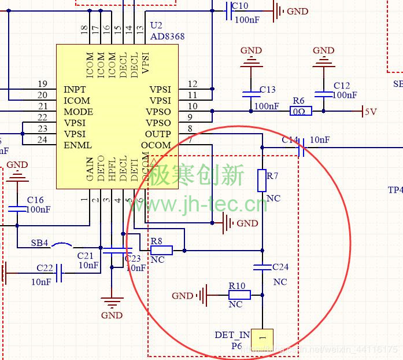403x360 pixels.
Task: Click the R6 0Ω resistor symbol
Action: point(302,111)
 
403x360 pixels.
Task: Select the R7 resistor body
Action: point(262,180)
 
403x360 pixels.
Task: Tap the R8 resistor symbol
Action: point(161,251)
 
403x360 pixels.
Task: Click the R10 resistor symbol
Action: point(239,295)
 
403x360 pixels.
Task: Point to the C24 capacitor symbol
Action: point(262,267)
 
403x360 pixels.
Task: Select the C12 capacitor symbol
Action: point(323,93)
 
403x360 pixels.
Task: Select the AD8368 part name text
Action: point(168,36)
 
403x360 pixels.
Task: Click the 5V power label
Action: point(370,112)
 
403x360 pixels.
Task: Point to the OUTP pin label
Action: point(158,134)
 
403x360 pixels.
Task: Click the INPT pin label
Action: point(75,90)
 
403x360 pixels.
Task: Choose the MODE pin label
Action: point(78,112)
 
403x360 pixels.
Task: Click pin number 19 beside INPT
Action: point(42,84)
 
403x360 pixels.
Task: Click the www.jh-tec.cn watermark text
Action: point(205,204)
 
